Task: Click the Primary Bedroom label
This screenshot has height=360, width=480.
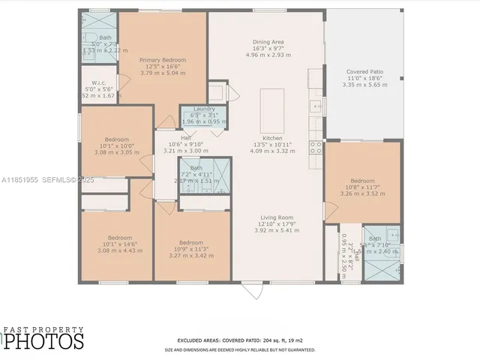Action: (x=163, y=60)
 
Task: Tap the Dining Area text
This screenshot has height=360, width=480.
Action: (x=268, y=41)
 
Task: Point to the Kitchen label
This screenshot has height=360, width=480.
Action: (x=272, y=138)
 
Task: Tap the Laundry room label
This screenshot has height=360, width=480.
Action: (x=204, y=109)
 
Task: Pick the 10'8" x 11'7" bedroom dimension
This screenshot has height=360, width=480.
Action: (x=362, y=187)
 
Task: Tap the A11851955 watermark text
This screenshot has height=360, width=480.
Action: (x=21, y=180)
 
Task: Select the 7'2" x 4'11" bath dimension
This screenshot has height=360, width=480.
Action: (x=196, y=174)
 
